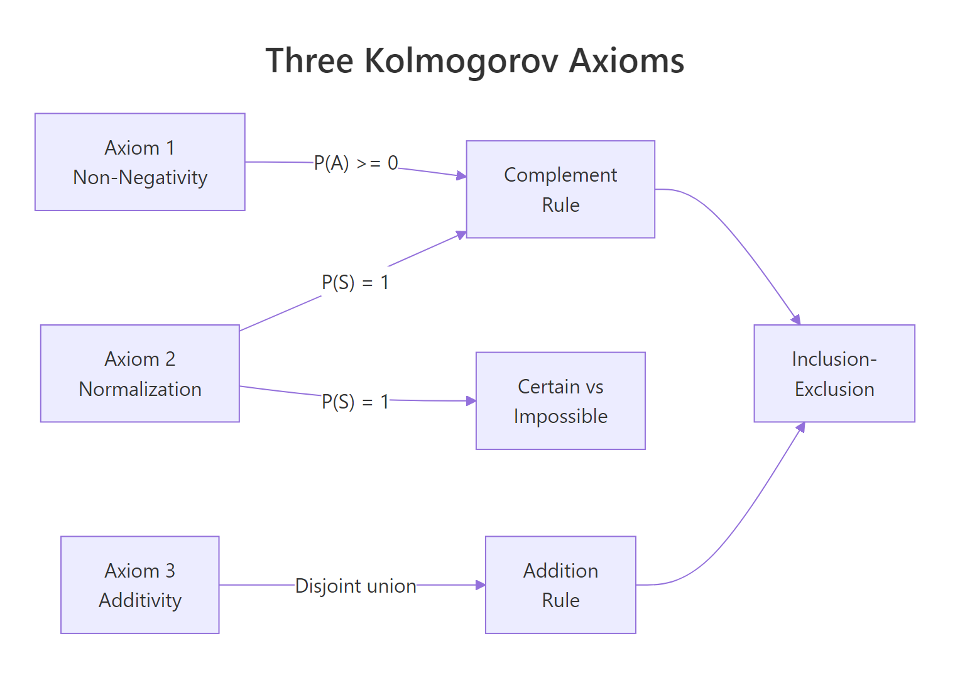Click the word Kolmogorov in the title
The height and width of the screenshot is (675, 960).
(461, 61)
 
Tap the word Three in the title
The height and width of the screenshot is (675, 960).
(309, 61)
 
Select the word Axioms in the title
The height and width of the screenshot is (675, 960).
(626, 61)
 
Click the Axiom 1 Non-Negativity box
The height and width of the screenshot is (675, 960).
(139, 162)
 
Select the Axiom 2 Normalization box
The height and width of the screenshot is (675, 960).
(139, 373)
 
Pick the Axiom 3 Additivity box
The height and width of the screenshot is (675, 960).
(139, 584)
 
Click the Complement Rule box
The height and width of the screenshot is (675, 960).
(560, 189)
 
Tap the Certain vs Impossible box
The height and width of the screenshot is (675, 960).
(560, 401)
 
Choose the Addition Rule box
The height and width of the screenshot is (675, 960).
(560, 584)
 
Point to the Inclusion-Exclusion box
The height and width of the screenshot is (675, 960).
(834, 373)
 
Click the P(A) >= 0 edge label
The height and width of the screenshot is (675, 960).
(356, 163)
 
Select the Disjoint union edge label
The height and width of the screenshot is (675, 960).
(356, 586)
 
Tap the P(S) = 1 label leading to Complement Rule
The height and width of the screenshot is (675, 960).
(355, 282)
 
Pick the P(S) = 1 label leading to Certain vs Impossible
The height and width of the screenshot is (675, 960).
(355, 402)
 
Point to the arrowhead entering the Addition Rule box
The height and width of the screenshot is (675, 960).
(481, 585)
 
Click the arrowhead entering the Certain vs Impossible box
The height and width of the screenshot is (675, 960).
(471, 400)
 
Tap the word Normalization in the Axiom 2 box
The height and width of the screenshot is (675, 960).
(140, 389)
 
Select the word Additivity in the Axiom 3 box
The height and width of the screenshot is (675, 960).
(140, 600)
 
